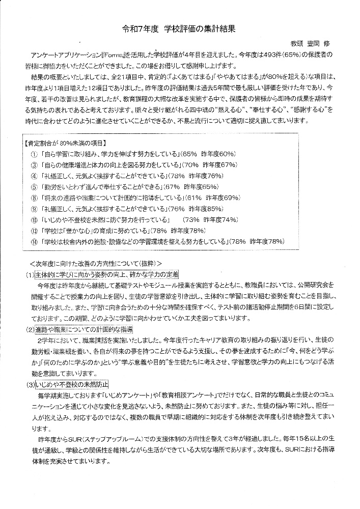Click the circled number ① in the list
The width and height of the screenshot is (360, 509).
(34, 154)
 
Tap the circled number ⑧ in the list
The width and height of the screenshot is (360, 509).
(34, 197)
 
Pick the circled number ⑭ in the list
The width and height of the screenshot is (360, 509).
(34, 241)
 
